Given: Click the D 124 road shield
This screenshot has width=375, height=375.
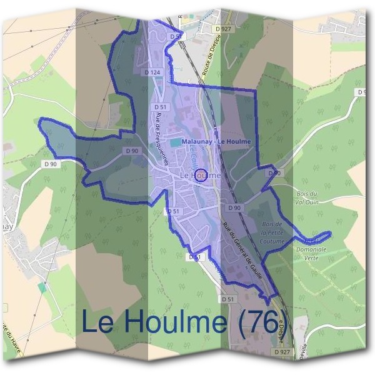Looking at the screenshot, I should (x=153, y=72).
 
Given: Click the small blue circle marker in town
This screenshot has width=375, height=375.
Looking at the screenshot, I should (x=201, y=175).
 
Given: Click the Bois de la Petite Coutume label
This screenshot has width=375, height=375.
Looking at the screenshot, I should (x=273, y=232).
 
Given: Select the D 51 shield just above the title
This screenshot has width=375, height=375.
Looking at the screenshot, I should (x=229, y=299).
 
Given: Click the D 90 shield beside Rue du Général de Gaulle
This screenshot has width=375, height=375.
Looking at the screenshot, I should (x=234, y=207).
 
